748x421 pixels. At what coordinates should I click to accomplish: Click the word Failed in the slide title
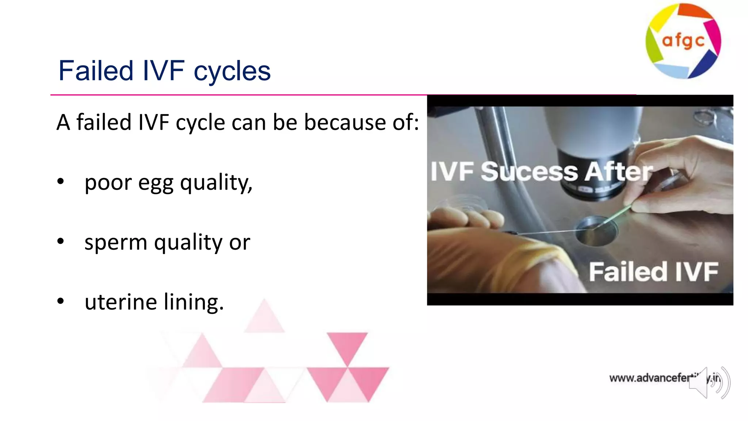(96, 71)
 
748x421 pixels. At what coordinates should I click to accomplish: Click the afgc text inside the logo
(683, 41)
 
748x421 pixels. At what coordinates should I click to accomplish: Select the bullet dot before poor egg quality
(61, 181)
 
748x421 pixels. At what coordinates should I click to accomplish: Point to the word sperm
(115, 243)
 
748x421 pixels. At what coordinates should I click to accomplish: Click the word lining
(194, 302)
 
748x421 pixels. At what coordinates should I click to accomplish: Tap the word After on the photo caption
(618, 172)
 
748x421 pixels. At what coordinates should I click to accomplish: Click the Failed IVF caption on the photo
(653, 272)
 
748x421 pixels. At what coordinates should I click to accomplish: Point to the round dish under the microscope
(596, 234)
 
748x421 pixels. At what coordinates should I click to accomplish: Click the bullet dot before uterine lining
(61, 301)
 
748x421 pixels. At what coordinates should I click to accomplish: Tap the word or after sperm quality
(240, 243)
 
